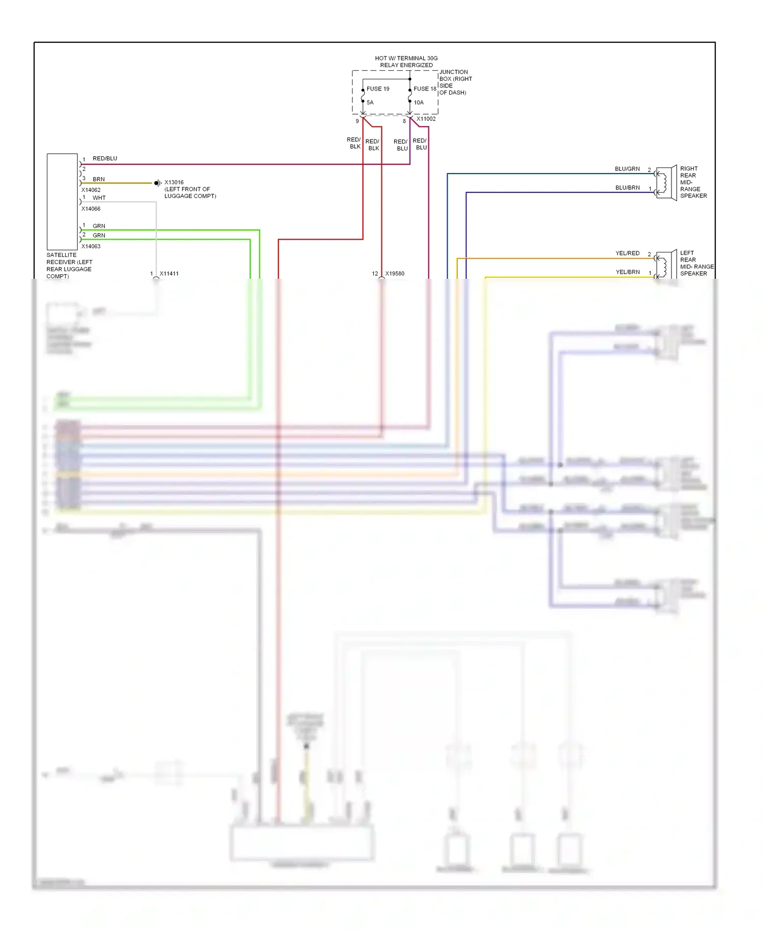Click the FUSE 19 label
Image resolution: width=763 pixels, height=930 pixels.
click(x=377, y=89)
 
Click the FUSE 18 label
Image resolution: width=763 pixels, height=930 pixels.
click(x=424, y=89)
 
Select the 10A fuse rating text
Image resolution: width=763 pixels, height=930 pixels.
click(x=418, y=102)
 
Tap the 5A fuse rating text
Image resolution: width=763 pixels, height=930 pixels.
click(x=370, y=102)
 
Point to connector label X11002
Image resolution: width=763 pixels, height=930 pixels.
click(x=426, y=119)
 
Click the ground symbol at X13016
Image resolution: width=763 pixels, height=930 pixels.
click(x=157, y=183)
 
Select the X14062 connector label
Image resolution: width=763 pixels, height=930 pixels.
click(x=91, y=190)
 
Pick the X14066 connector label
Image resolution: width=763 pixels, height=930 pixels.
click(x=91, y=209)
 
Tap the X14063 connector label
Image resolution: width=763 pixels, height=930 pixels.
click(x=91, y=246)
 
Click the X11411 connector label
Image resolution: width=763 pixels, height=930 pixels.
click(x=169, y=274)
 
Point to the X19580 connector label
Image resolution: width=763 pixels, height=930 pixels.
click(x=394, y=274)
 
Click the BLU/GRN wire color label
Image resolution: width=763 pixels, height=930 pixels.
click(x=627, y=169)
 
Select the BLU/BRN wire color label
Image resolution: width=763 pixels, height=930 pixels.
click(x=627, y=188)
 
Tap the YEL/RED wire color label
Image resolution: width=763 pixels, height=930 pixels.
click(x=627, y=253)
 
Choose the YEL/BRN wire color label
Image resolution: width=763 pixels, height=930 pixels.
click(x=627, y=272)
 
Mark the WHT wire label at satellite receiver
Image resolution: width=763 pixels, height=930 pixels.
click(x=99, y=198)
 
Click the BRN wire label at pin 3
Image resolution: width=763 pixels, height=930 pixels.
click(x=98, y=179)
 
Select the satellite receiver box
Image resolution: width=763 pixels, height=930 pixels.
click(x=62, y=201)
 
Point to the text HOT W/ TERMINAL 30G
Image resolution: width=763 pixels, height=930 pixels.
click(x=406, y=59)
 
